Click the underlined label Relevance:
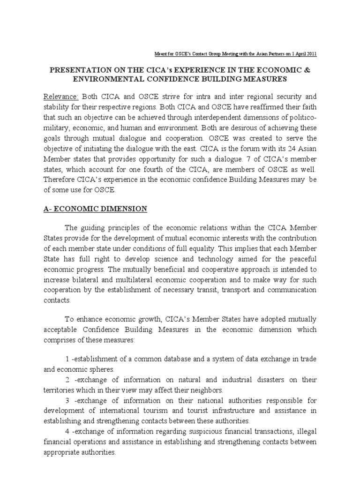[61, 97]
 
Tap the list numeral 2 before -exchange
[67, 379]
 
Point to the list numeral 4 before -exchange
[67, 431]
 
